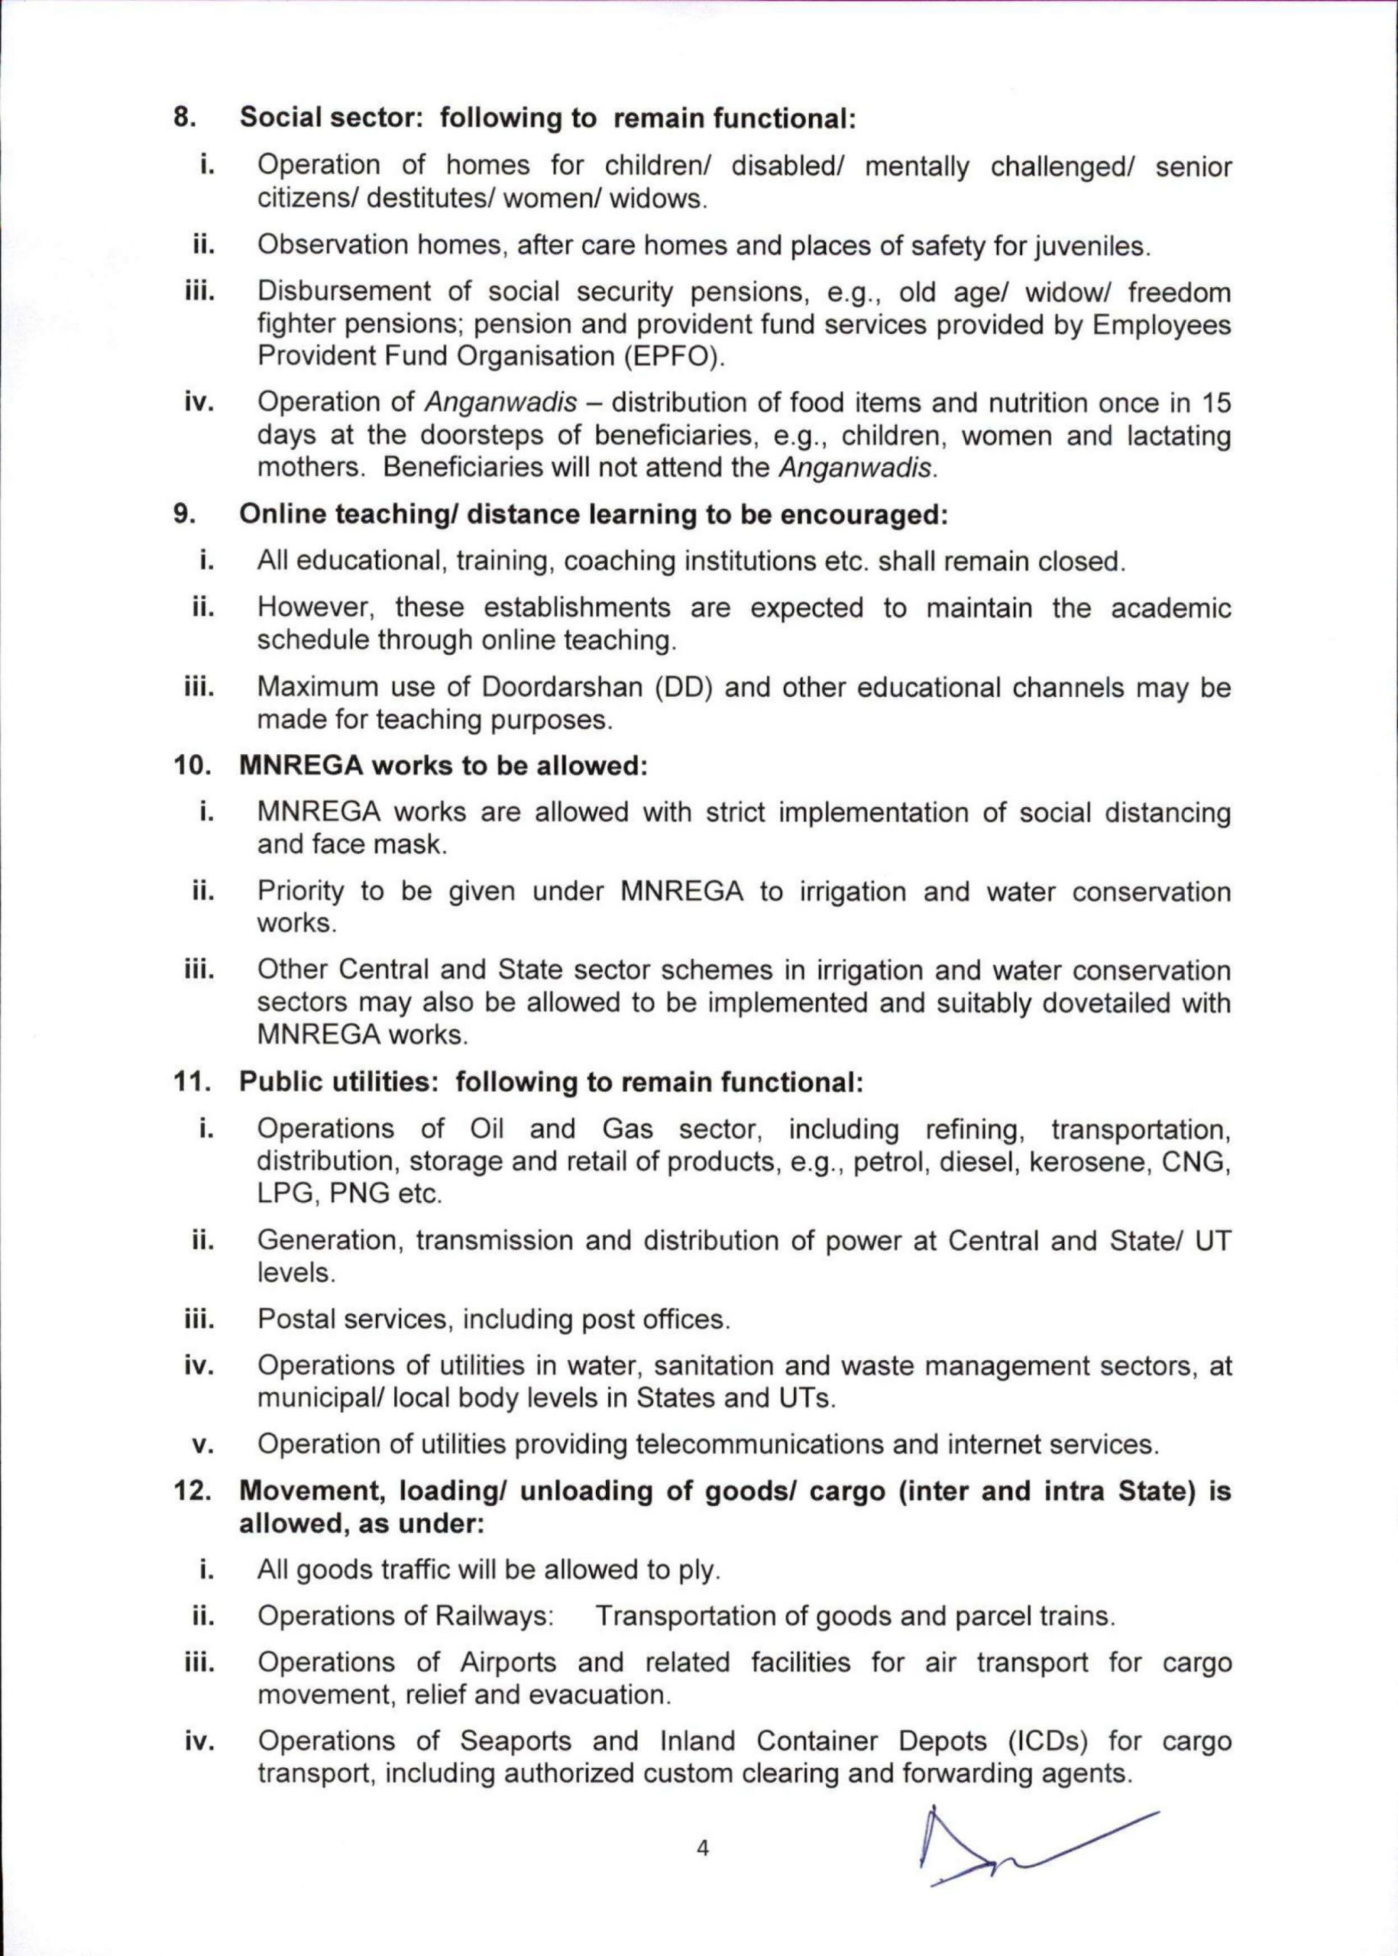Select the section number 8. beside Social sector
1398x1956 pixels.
(184, 118)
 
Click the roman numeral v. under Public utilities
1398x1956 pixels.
(202, 1446)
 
